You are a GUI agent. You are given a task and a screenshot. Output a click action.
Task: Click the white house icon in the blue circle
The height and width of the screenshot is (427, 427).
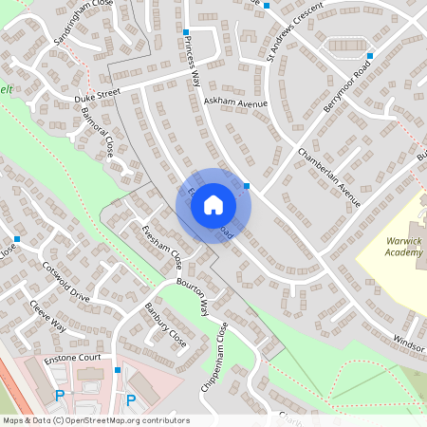[213, 205]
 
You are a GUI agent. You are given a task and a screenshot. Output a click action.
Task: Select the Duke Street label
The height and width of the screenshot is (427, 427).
[100, 97]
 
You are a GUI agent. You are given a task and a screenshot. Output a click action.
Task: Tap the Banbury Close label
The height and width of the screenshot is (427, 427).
[164, 323]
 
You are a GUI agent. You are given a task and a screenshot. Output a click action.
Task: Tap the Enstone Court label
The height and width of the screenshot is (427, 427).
[72, 360]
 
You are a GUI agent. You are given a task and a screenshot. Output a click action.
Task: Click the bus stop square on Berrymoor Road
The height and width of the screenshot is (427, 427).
[370, 55]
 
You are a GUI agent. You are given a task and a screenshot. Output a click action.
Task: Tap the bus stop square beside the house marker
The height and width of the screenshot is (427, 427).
[247, 186]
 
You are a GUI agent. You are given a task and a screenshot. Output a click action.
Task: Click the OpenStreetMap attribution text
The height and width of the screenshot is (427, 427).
[96, 420]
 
